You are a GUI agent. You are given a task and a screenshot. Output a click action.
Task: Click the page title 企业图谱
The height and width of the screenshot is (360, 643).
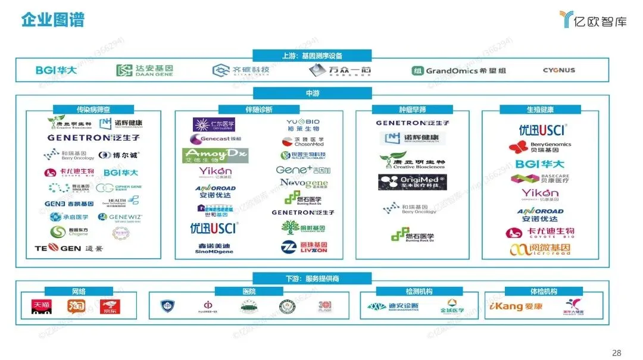53,20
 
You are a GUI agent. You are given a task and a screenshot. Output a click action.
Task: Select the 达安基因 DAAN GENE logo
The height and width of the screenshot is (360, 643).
145,71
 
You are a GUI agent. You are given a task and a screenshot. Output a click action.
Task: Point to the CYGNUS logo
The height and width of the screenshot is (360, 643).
558,70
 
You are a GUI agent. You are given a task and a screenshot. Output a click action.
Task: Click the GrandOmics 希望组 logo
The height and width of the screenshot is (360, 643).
458,71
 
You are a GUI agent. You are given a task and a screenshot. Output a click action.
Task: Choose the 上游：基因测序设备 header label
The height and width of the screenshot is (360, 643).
312,56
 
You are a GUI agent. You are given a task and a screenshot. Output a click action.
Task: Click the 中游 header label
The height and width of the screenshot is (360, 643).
312,93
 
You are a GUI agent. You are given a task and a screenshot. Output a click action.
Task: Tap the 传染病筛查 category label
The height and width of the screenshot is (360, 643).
93,109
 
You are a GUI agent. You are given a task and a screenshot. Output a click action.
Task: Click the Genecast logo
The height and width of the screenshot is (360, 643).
216,139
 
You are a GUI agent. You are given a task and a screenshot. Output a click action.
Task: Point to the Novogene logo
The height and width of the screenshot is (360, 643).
304,183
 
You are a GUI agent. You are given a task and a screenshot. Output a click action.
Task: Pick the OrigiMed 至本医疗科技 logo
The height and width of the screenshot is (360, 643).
413,182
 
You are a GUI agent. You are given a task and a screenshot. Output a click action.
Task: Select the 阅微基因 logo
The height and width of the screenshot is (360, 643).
541,250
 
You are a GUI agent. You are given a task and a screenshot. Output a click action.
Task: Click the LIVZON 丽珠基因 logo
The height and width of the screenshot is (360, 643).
304,247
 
